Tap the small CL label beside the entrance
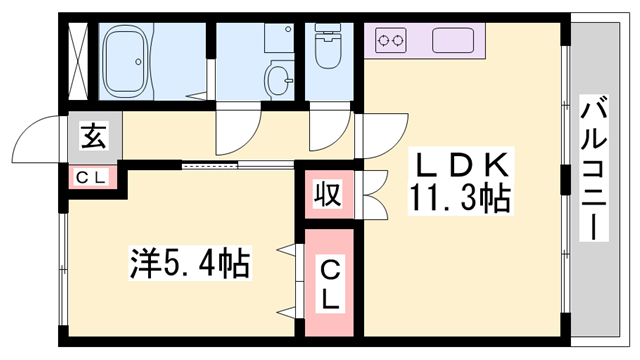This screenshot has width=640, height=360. (x=92, y=177)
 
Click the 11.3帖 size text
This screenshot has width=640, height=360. (x=459, y=199)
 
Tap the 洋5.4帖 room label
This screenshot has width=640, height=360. (x=188, y=266)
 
